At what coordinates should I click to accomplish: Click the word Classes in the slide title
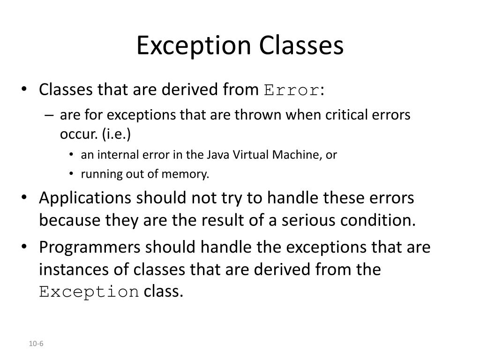click(x=301, y=46)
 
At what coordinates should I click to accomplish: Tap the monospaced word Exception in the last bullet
click(x=89, y=292)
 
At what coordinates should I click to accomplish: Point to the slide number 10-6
click(x=36, y=344)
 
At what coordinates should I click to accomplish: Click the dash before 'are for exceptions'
click(x=50, y=115)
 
